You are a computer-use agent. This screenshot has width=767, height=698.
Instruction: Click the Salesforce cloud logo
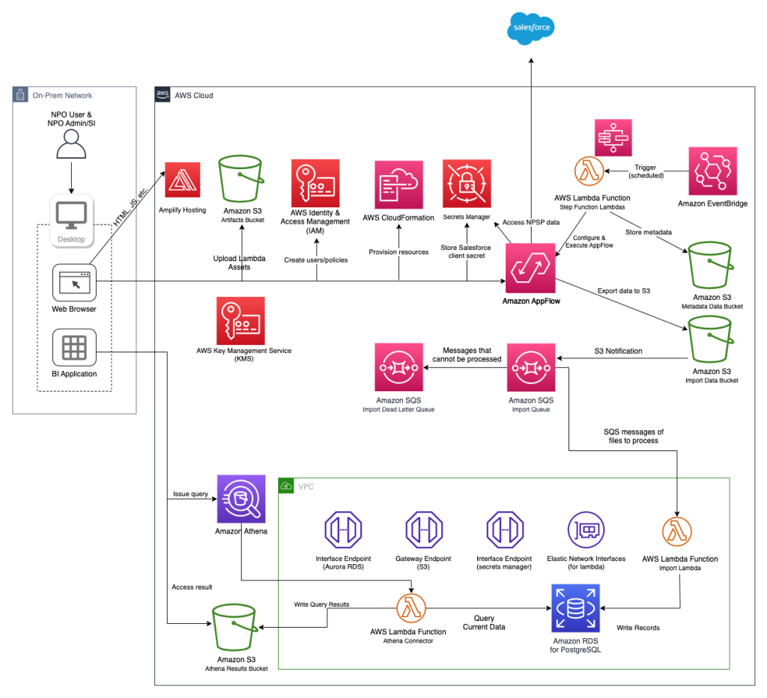click(531, 29)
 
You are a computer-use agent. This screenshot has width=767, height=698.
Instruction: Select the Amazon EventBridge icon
click(712, 171)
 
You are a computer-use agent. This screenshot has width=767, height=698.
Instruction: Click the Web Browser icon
click(74, 282)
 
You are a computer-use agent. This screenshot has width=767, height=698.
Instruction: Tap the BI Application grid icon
click(74, 347)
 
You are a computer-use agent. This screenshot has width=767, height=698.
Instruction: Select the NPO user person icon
click(74, 144)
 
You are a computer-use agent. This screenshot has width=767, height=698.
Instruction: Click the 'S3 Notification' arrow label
click(617, 351)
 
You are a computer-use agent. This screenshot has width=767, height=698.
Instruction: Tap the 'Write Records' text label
click(637, 628)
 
